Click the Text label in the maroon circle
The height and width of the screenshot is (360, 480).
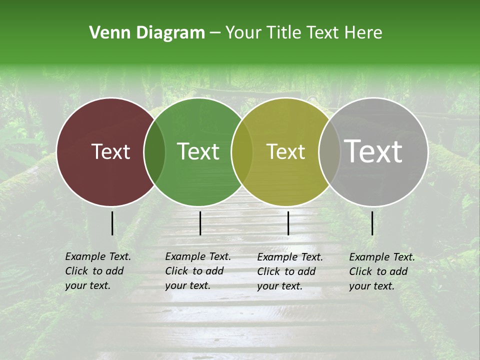click(110, 151)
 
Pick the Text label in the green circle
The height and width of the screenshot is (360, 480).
click(198, 151)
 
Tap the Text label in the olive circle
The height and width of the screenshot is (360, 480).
click(285, 151)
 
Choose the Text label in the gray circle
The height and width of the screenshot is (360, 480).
click(373, 151)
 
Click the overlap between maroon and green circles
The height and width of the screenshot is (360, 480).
click(154, 151)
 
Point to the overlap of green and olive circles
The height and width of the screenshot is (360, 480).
click(242, 151)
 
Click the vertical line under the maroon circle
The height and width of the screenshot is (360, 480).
click(112, 223)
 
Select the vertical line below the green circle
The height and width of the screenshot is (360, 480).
click(200, 223)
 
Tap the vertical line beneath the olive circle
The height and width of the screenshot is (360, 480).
click(288, 223)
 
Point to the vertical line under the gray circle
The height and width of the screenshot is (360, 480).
click(372, 223)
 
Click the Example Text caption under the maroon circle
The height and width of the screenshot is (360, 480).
click(97, 271)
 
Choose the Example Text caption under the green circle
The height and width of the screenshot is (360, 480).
click(197, 271)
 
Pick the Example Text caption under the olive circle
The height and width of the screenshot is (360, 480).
click(289, 271)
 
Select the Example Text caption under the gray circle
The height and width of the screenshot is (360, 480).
click(381, 271)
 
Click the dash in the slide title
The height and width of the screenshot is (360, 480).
click(215, 33)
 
